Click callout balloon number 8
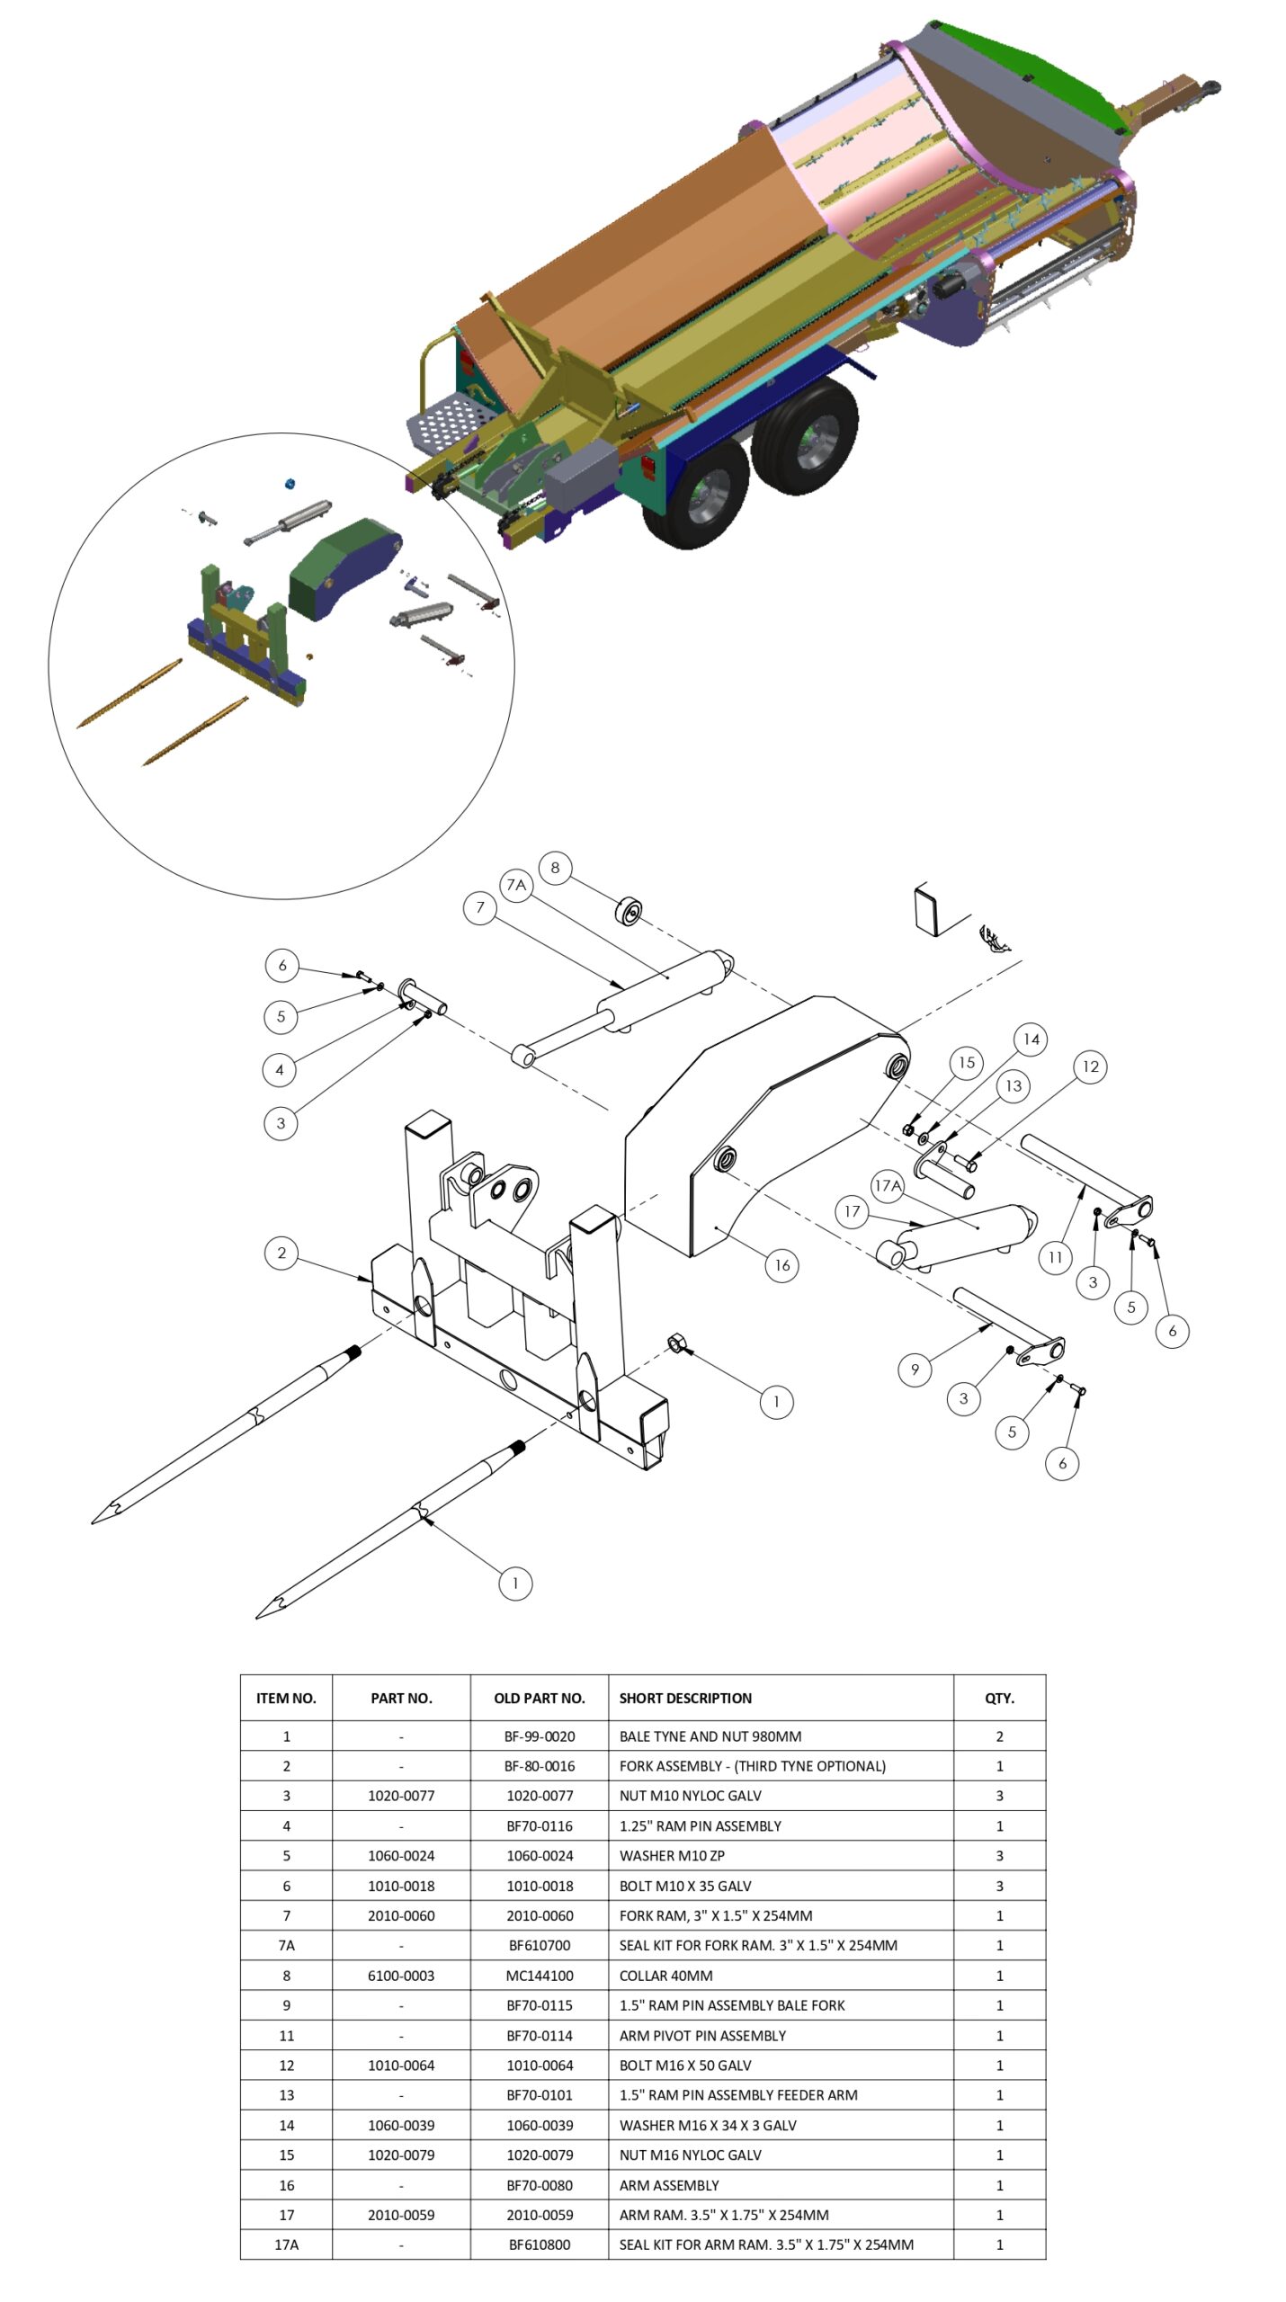pos(555,868)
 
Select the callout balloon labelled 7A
pos(516,885)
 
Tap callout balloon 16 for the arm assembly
pos(781,1265)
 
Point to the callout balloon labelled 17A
pos(888,1186)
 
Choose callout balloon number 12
pos(1090,1066)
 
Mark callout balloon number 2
pos(281,1253)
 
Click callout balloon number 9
pos(915,1370)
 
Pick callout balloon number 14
pos(1031,1039)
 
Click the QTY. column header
pos(999,1698)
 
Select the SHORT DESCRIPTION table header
pos(685,1698)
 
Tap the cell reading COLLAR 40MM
pos(665,1976)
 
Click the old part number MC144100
pos(540,1976)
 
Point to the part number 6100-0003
pos(401,1976)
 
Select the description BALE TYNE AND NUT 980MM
pos(710,1736)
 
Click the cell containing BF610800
pos(540,2244)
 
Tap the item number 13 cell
pos(287,2095)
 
